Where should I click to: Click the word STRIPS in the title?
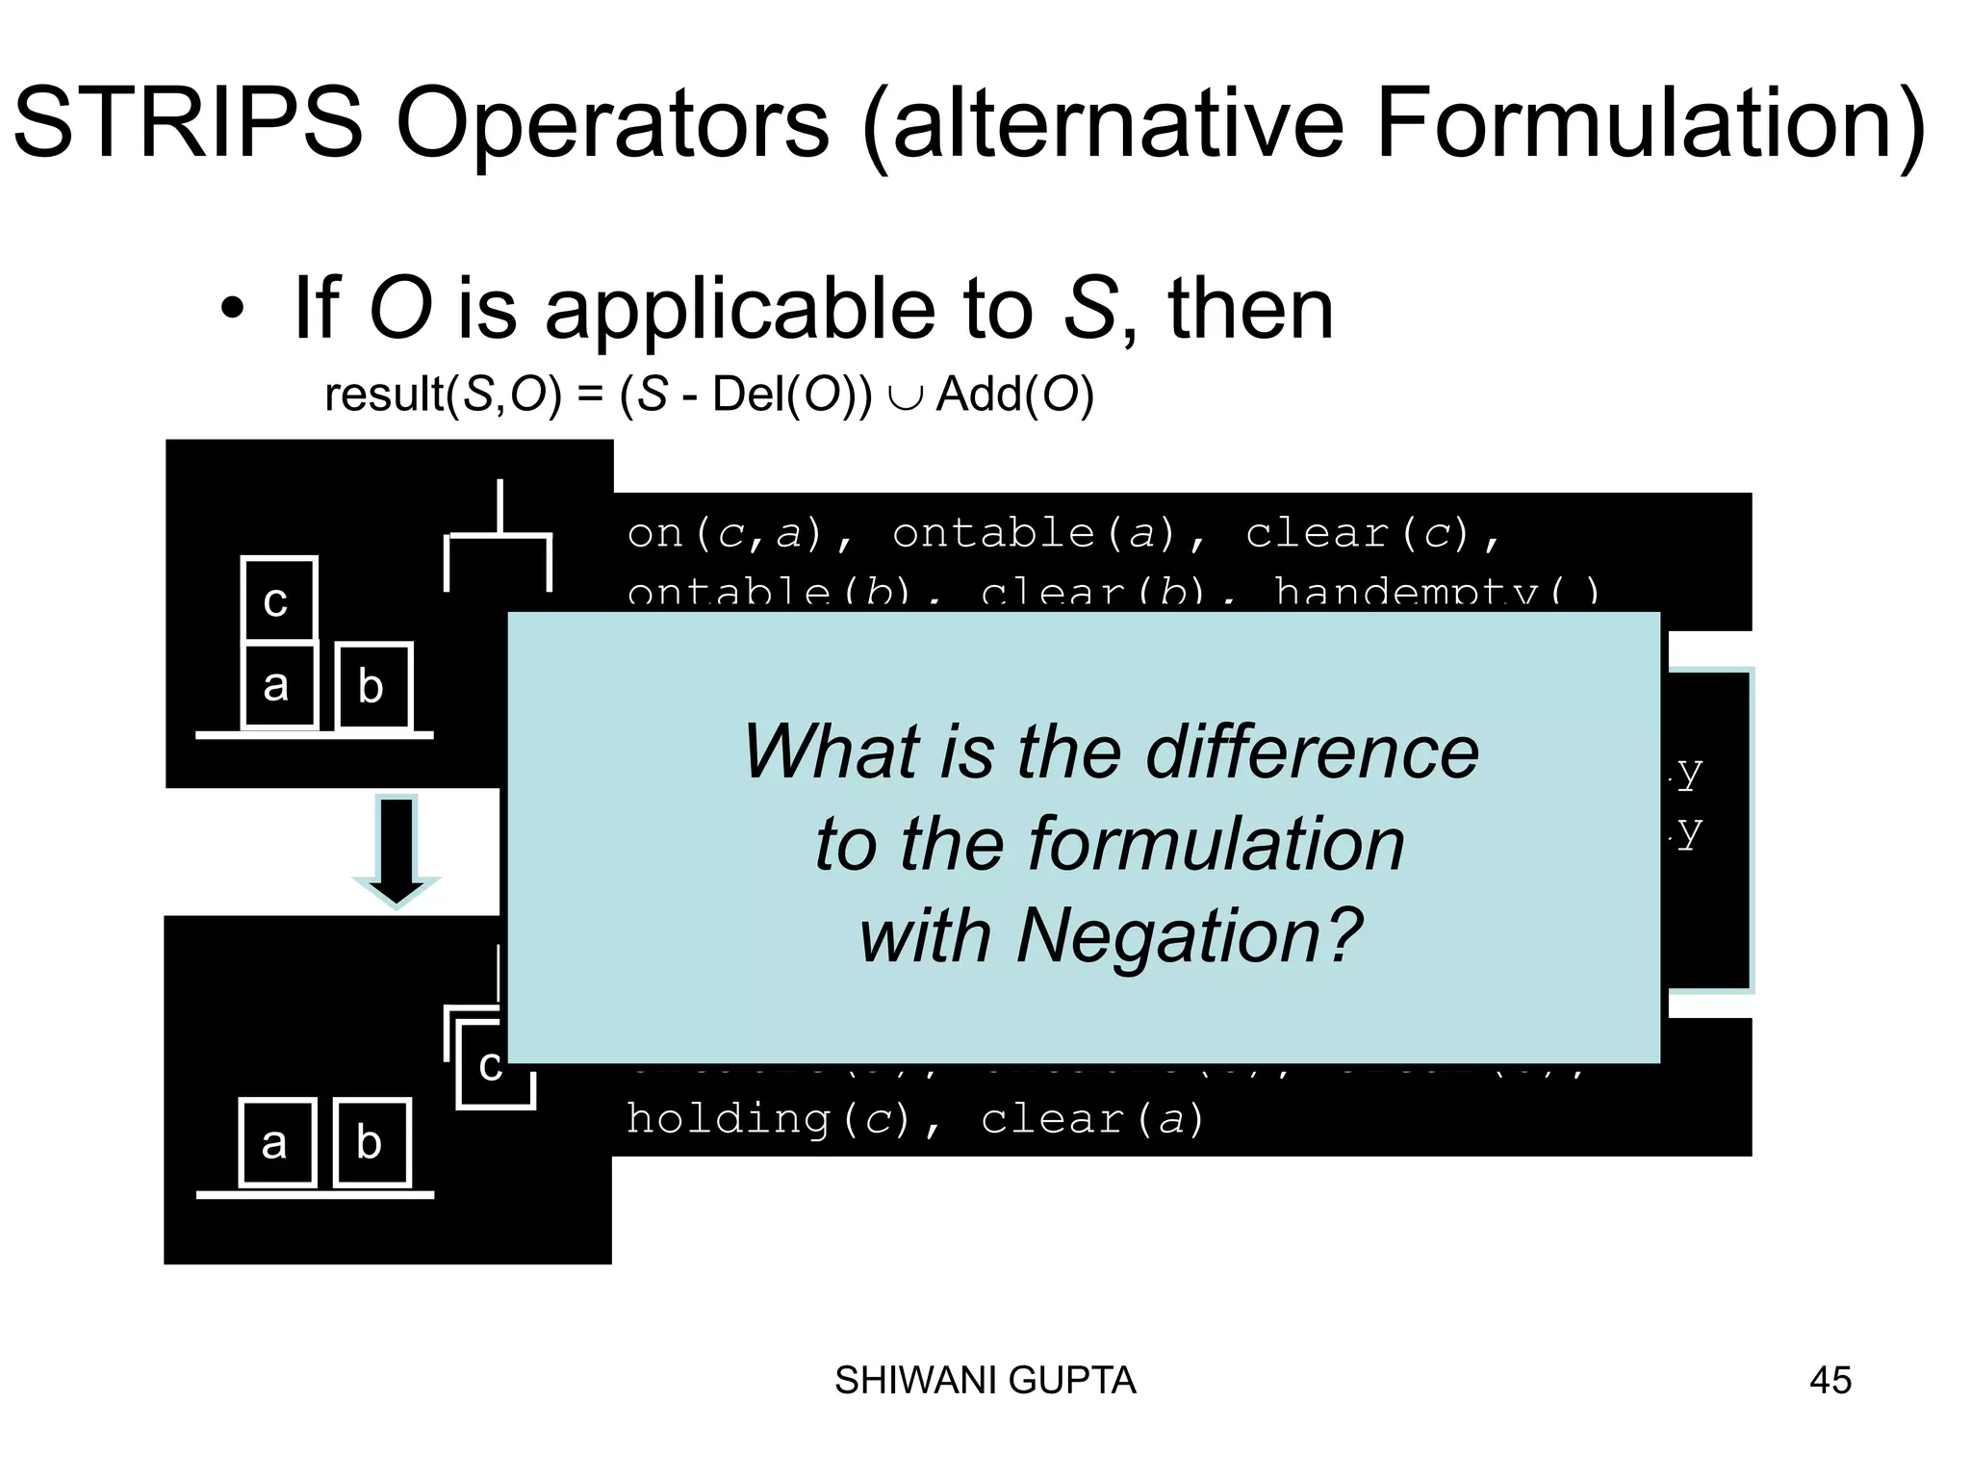point(188,123)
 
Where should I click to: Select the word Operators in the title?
point(612,123)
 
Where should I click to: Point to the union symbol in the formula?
point(905,396)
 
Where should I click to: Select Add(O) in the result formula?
point(1014,395)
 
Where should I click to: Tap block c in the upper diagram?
point(277,599)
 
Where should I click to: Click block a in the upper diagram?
point(277,685)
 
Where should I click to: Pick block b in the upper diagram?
point(372,686)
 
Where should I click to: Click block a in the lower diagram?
point(275,1142)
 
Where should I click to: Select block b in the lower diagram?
point(371,1142)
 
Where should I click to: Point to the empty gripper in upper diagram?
point(498,548)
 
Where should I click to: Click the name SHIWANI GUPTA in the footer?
point(985,1381)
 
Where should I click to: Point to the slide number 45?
point(1830,1381)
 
